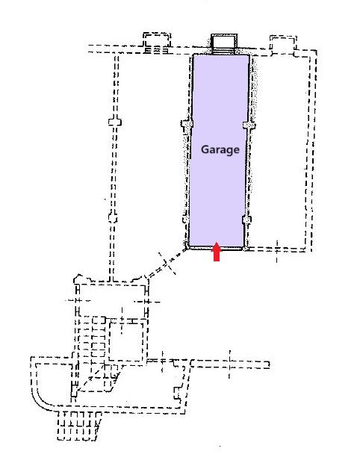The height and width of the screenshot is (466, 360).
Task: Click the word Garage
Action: [220, 149]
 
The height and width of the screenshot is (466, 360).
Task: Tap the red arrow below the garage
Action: [217, 252]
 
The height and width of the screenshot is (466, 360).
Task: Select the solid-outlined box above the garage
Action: [224, 41]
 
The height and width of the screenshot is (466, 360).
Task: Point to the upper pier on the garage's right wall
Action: [249, 125]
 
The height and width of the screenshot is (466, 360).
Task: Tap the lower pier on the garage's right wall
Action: [246, 220]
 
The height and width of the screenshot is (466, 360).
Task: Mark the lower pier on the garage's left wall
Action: [186, 220]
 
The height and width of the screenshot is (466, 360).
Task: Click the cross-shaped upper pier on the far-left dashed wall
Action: [114, 122]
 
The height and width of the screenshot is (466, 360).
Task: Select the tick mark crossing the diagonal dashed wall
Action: [167, 264]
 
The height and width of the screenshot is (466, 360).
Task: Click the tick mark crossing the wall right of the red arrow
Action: [277, 252]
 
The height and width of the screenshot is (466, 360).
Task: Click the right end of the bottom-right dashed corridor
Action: [268, 364]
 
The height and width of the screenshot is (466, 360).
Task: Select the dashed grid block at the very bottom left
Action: [78, 426]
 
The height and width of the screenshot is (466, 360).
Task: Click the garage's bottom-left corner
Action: [189, 249]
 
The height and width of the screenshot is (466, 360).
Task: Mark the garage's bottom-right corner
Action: [244, 249]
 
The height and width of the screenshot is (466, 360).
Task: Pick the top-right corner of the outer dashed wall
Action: [316, 51]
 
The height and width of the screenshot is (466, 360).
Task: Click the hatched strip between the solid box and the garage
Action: [224, 51]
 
